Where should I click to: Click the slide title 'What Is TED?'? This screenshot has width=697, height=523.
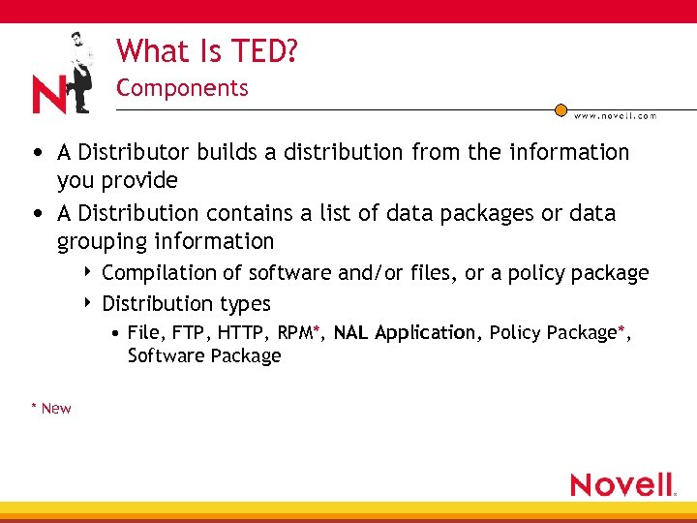point(206,50)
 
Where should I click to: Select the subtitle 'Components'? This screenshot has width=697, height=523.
point(182,88)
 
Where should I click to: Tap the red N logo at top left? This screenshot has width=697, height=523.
point(48,95)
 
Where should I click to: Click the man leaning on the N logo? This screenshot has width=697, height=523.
point(79,68)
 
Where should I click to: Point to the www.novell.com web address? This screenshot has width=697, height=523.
point(615,116)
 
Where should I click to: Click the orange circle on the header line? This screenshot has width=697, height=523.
point(561,110)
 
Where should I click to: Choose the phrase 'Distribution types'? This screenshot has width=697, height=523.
point(186,304)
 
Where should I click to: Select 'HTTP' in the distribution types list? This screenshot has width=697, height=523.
point(244,333)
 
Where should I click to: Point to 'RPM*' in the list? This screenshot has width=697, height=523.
point(299,333)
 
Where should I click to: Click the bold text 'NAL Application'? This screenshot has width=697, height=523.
point(405,333)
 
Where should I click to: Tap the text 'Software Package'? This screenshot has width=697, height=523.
point(204,355)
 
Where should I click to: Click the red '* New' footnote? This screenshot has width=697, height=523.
point(50,408)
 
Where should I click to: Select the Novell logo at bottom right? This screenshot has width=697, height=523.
point(622,484)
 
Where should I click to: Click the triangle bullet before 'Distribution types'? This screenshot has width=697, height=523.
point(88,303)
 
